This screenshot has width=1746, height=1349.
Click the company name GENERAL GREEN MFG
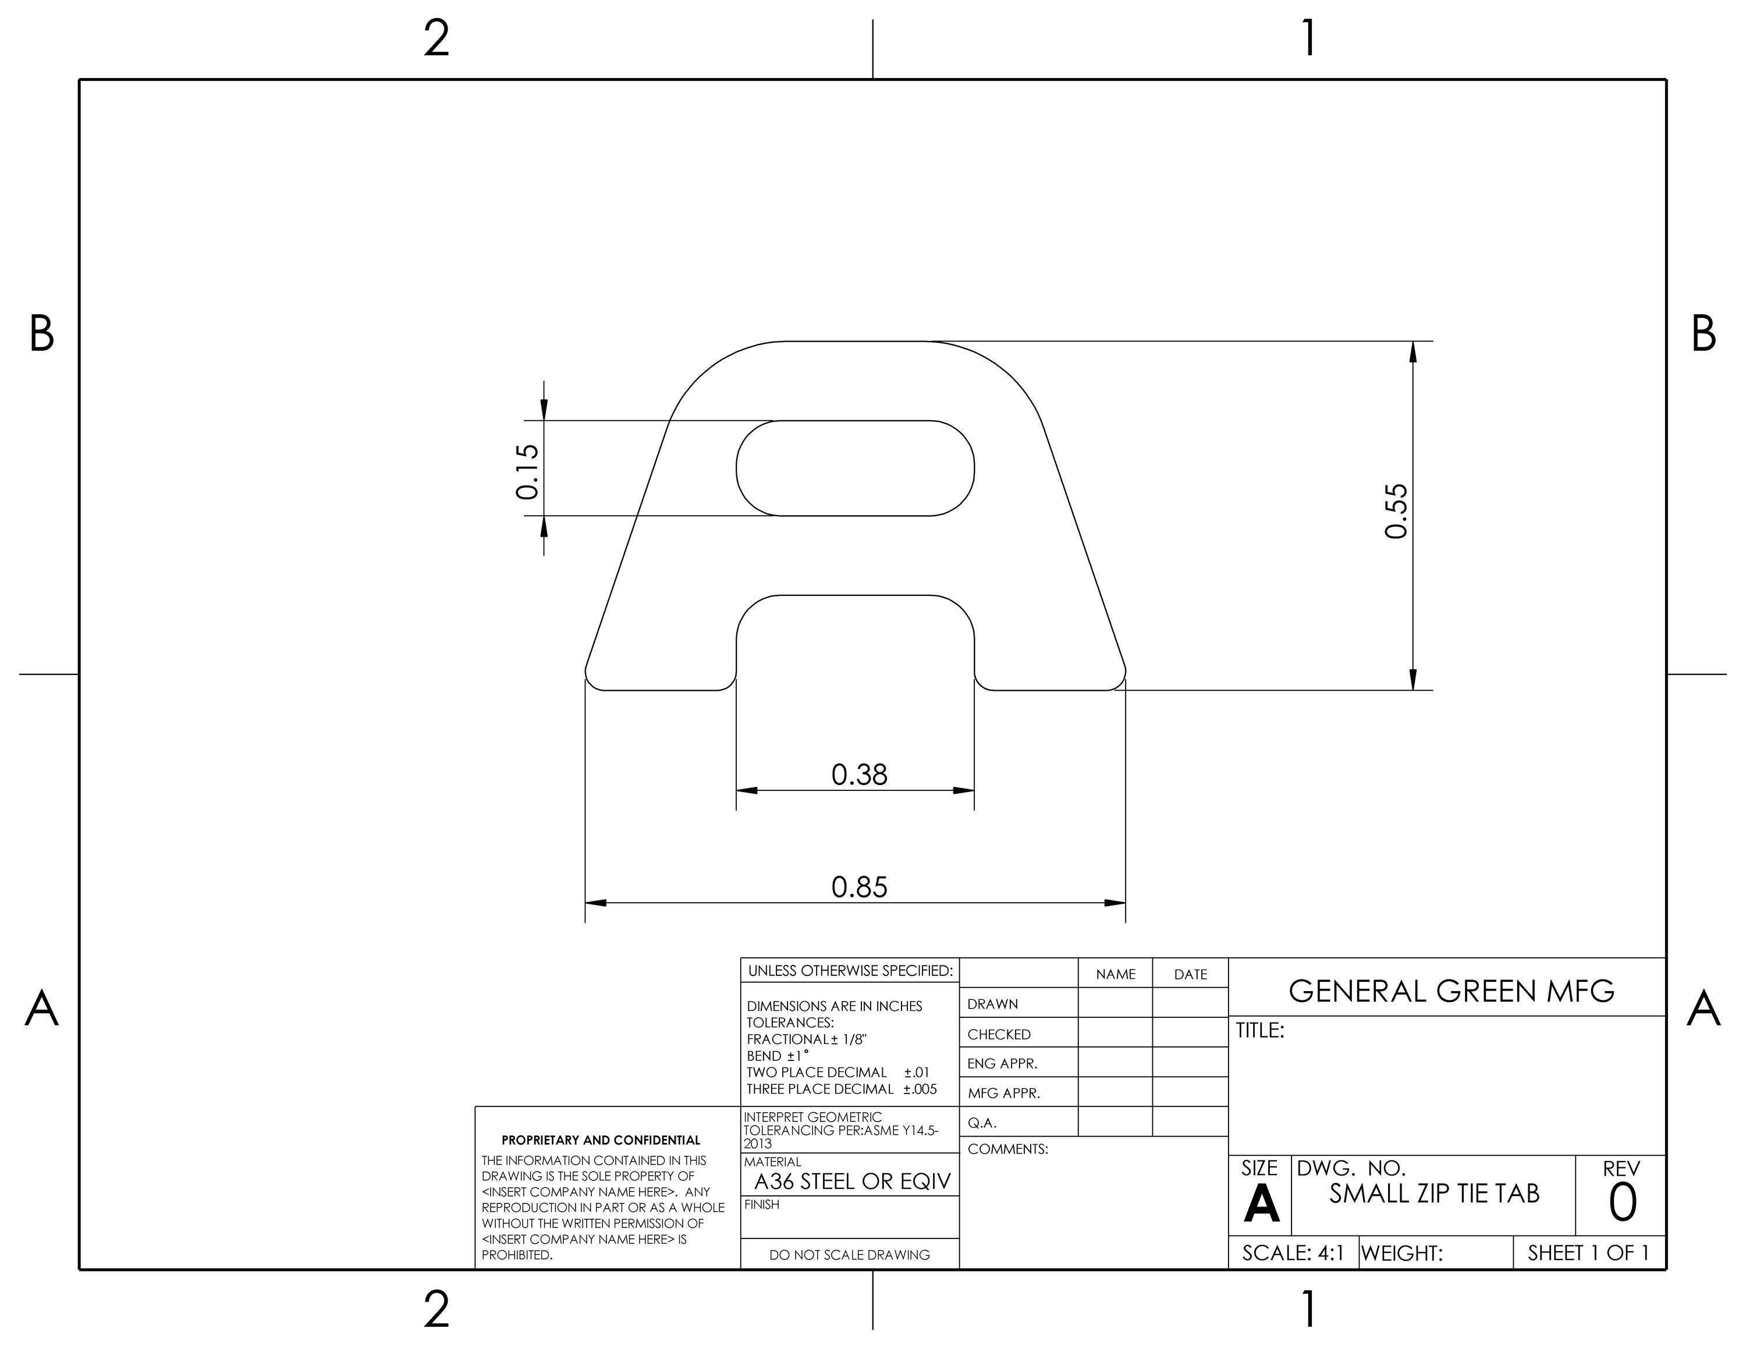click(x=1451, y=991)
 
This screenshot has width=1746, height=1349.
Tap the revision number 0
click(x=1622, y=1204)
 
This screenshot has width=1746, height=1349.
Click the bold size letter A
click(x=1261, y=1204)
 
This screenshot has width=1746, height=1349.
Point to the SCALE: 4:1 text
click(x=1293, y=1253)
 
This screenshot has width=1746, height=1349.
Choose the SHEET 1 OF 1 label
click(x=1588, y=1252)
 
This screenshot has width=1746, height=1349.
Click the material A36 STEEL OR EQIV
click(x=852, y=1181)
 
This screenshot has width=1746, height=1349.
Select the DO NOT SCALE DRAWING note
click(x=849, y=1255)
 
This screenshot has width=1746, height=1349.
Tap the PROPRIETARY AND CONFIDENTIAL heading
click(x=601, y=1141)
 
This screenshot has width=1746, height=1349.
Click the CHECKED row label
click(x=999, y=1034)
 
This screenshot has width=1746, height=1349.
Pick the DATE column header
click(x=1190, y=974)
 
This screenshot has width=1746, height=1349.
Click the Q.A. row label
click(x=982, y=1123)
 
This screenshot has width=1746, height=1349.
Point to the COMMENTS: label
click(x=1007, y=1149)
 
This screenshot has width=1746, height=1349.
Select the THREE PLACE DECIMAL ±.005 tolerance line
click(x=841, y=1089)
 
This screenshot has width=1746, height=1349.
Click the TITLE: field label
click(x=1260, y=1031)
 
